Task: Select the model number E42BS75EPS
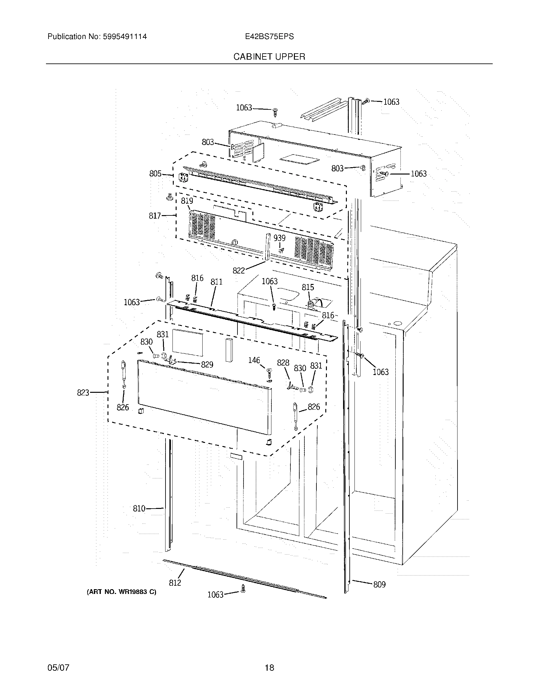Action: [x=269, y=37]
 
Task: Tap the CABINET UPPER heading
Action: [x=269, y=57]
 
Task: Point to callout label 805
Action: [x=155, y=174]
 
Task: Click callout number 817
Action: [x=155, y=216]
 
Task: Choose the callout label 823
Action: [x=83, y=392]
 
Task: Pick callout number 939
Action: [x=279, y=238]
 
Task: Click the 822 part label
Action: [x=238, y=271]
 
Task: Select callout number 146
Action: [x=254, y=360]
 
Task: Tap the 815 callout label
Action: [x=308, y=287]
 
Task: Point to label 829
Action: [x=207, y=365]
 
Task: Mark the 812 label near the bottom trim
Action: [x=175, y=583]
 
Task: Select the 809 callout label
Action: [x=379, y=584]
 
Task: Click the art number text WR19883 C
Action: [x=122, y=592]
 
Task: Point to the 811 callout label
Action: [x=217, y=282]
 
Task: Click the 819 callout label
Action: [x=187, y=201]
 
